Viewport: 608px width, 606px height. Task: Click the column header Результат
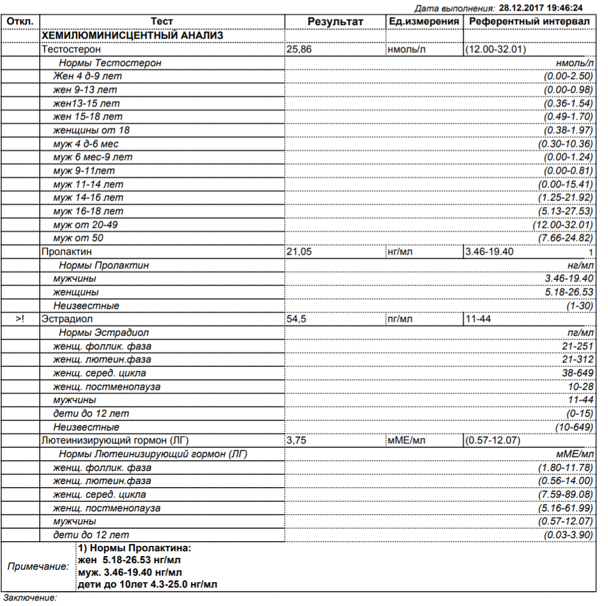(x=335, y=22)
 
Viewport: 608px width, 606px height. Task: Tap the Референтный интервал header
(x=529, y=22)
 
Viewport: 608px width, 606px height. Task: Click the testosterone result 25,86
(x=299, y=49)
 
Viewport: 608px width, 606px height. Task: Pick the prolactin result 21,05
(x=299, y=252)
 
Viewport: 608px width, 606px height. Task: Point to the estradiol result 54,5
(x=297, y=319)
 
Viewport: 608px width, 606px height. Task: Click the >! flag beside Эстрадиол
(x=20, y=319)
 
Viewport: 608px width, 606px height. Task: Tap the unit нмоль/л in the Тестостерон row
(x=407, y=49)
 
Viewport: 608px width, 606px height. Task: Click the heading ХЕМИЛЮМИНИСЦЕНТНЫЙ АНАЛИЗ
(x=132, y=36)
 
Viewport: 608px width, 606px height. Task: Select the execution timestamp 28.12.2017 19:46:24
(x=541, y=8)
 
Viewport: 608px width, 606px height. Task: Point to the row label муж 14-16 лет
(x=88, y=197)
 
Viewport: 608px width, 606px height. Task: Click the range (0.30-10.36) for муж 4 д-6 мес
(x=565, y=144)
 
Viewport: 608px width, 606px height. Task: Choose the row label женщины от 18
(x=92, y=130)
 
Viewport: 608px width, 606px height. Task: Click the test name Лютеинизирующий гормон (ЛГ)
(x=115, y=441)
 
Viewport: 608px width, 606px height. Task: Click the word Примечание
(x=38, y=566)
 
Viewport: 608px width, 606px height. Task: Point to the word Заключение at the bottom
(x=30, y=597)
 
